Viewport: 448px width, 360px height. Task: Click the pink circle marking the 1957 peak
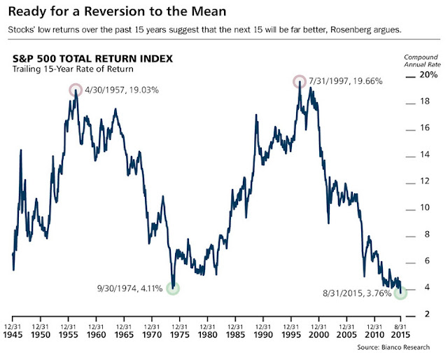[76, 90]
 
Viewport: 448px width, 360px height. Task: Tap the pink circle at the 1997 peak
[300, 81]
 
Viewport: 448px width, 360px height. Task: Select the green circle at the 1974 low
[173, 288]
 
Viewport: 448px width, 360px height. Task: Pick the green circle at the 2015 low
[400, 293]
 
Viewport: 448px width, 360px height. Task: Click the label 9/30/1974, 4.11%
[131, 288]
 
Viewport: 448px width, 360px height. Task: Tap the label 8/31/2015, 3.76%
[357, 293]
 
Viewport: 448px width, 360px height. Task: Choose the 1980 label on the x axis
[208, 335]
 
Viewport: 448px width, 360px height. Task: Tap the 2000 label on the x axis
[319, 335]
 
